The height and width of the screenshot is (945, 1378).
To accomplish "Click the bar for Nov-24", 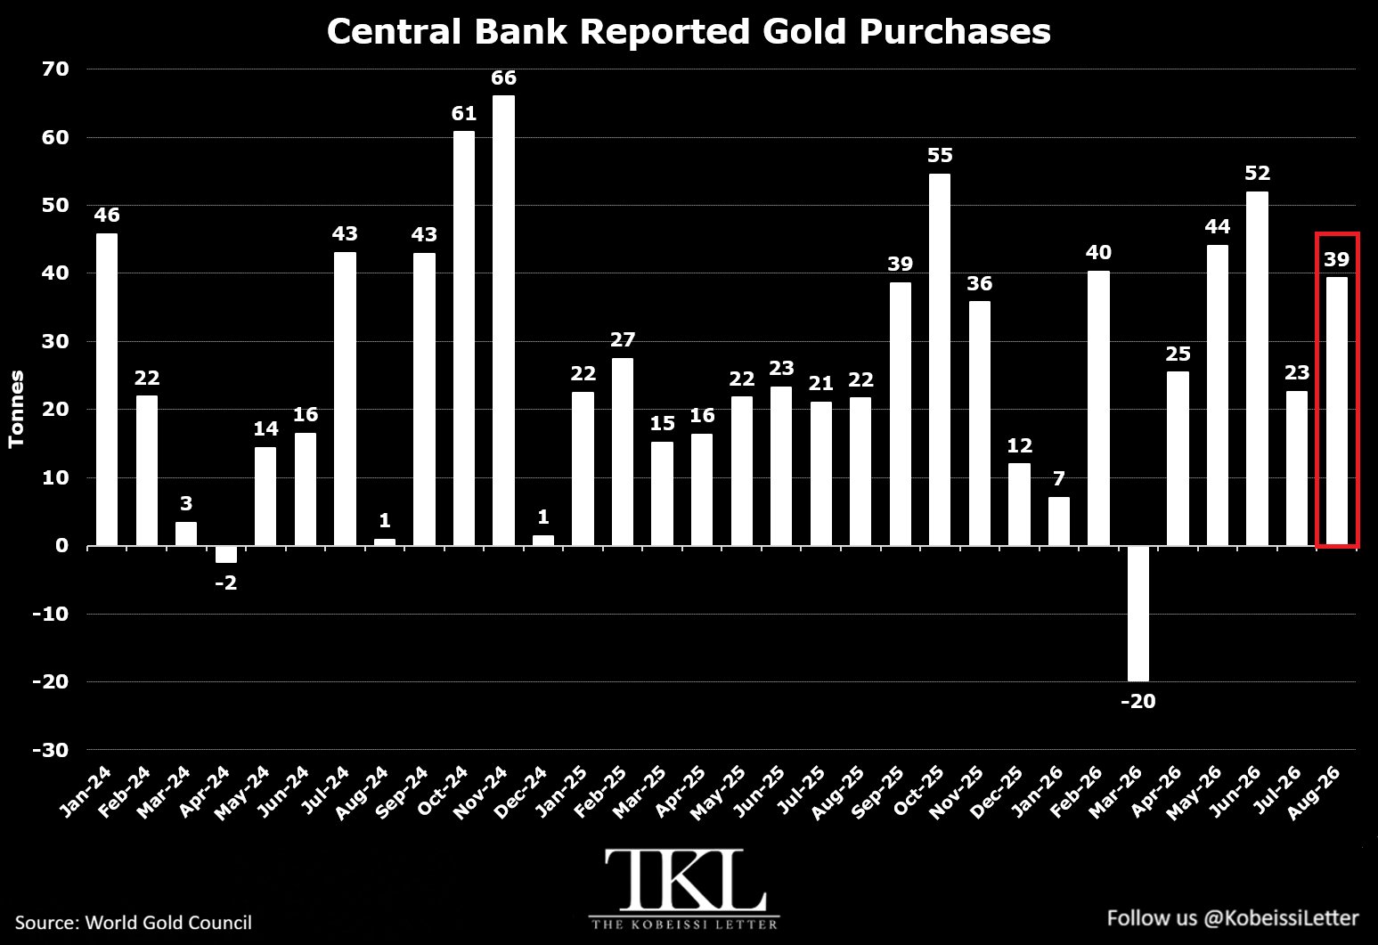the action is pos(503,321).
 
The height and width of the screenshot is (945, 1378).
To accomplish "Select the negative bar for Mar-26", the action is pos(1138,614).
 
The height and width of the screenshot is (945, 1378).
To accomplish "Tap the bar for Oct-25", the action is pos(940,360).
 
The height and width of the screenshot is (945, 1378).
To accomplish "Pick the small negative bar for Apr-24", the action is pos(225,554).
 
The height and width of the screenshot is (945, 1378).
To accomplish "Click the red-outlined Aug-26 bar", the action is pos(1337,411).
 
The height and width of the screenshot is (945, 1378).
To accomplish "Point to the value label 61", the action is pos(464,114).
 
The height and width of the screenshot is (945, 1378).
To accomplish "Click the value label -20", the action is pos(1138,701).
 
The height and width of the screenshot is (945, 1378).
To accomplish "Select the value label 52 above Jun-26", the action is pos(1258,174).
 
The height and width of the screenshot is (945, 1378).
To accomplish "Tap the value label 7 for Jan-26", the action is pos(1059,478).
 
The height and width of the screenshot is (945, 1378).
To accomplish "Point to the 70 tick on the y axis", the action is pos(55,69).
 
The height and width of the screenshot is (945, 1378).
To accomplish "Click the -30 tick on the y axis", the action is pos(51,750).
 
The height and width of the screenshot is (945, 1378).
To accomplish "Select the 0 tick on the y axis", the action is pos(61,546).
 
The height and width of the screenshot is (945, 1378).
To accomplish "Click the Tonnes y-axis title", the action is pos(16,409).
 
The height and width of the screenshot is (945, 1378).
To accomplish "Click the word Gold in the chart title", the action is pos(804,31).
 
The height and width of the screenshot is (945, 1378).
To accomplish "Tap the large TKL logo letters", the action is pos(685,880).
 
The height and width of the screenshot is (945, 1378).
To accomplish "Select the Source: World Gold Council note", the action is pos(134,923).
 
